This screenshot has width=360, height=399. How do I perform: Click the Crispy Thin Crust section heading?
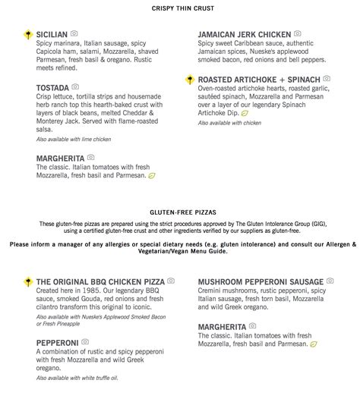pyautogui.click(x=180, y=8)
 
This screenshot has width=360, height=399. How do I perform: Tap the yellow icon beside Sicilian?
pyautogui.click(x=27, y=34)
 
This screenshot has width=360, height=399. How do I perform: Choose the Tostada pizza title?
pyautogui.click(x=52, y=88)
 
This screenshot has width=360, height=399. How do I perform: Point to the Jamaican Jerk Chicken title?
pyautogui.click(x=244, y=34)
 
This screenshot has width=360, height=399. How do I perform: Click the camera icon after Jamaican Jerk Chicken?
pyautogui.click(x=298, y=34)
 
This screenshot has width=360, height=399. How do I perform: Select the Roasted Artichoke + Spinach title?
pyautogui.click(x=258, y=79)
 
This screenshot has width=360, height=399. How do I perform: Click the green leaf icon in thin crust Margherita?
pyautogui.click(x=151, y=176)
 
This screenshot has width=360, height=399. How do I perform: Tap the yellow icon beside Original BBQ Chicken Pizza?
pyautogui.click(x=27, y=281)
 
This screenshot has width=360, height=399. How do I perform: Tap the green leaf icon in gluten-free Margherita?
pyautogui.click(x=314, y=344)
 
